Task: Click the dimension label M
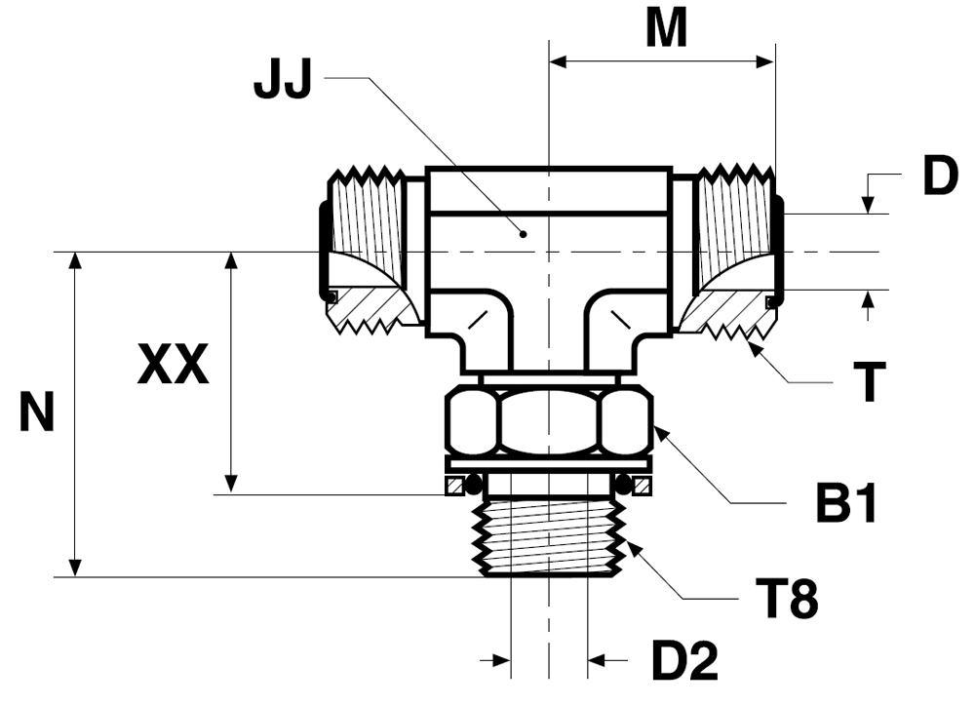coord(666,28)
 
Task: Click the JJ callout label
coord(282,80)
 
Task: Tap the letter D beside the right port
coord(940,176)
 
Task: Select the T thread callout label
coord(870,383)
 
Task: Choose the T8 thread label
coord(787,599)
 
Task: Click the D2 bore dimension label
coord(684,660)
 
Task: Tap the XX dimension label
coord(173,364)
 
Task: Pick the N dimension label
coord(37,412)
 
